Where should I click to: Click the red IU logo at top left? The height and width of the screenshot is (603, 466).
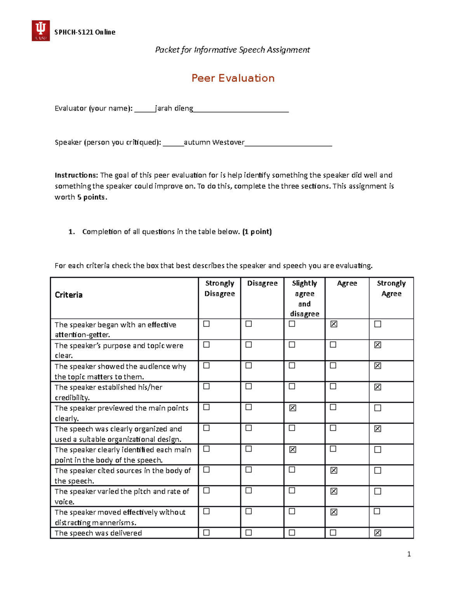40,31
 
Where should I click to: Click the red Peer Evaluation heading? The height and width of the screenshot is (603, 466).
233,78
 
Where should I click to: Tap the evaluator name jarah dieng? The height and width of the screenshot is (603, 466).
174,108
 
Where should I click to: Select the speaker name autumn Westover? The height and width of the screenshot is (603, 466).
214,142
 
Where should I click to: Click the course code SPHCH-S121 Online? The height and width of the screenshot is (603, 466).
85,32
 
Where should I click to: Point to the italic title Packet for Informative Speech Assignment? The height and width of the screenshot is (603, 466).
232,50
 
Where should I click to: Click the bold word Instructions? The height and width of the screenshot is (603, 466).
76,175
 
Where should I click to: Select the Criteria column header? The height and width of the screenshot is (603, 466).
69,295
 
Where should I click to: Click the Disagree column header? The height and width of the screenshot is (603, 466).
262,283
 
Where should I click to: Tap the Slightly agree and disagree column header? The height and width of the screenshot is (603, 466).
304,298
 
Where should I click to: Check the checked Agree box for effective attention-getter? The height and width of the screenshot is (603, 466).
334,324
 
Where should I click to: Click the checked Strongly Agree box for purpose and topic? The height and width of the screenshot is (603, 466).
377,345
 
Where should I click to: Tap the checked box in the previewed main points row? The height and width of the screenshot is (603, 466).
292,408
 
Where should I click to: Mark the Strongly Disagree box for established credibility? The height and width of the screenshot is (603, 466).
207,386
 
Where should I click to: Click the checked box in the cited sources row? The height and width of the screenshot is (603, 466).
334,470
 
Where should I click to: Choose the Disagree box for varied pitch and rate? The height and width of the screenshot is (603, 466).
249,491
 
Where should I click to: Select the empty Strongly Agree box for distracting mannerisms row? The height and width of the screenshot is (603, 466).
377,511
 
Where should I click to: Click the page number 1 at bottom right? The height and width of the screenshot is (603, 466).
409,554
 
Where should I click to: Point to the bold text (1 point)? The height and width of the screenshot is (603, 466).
257,232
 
